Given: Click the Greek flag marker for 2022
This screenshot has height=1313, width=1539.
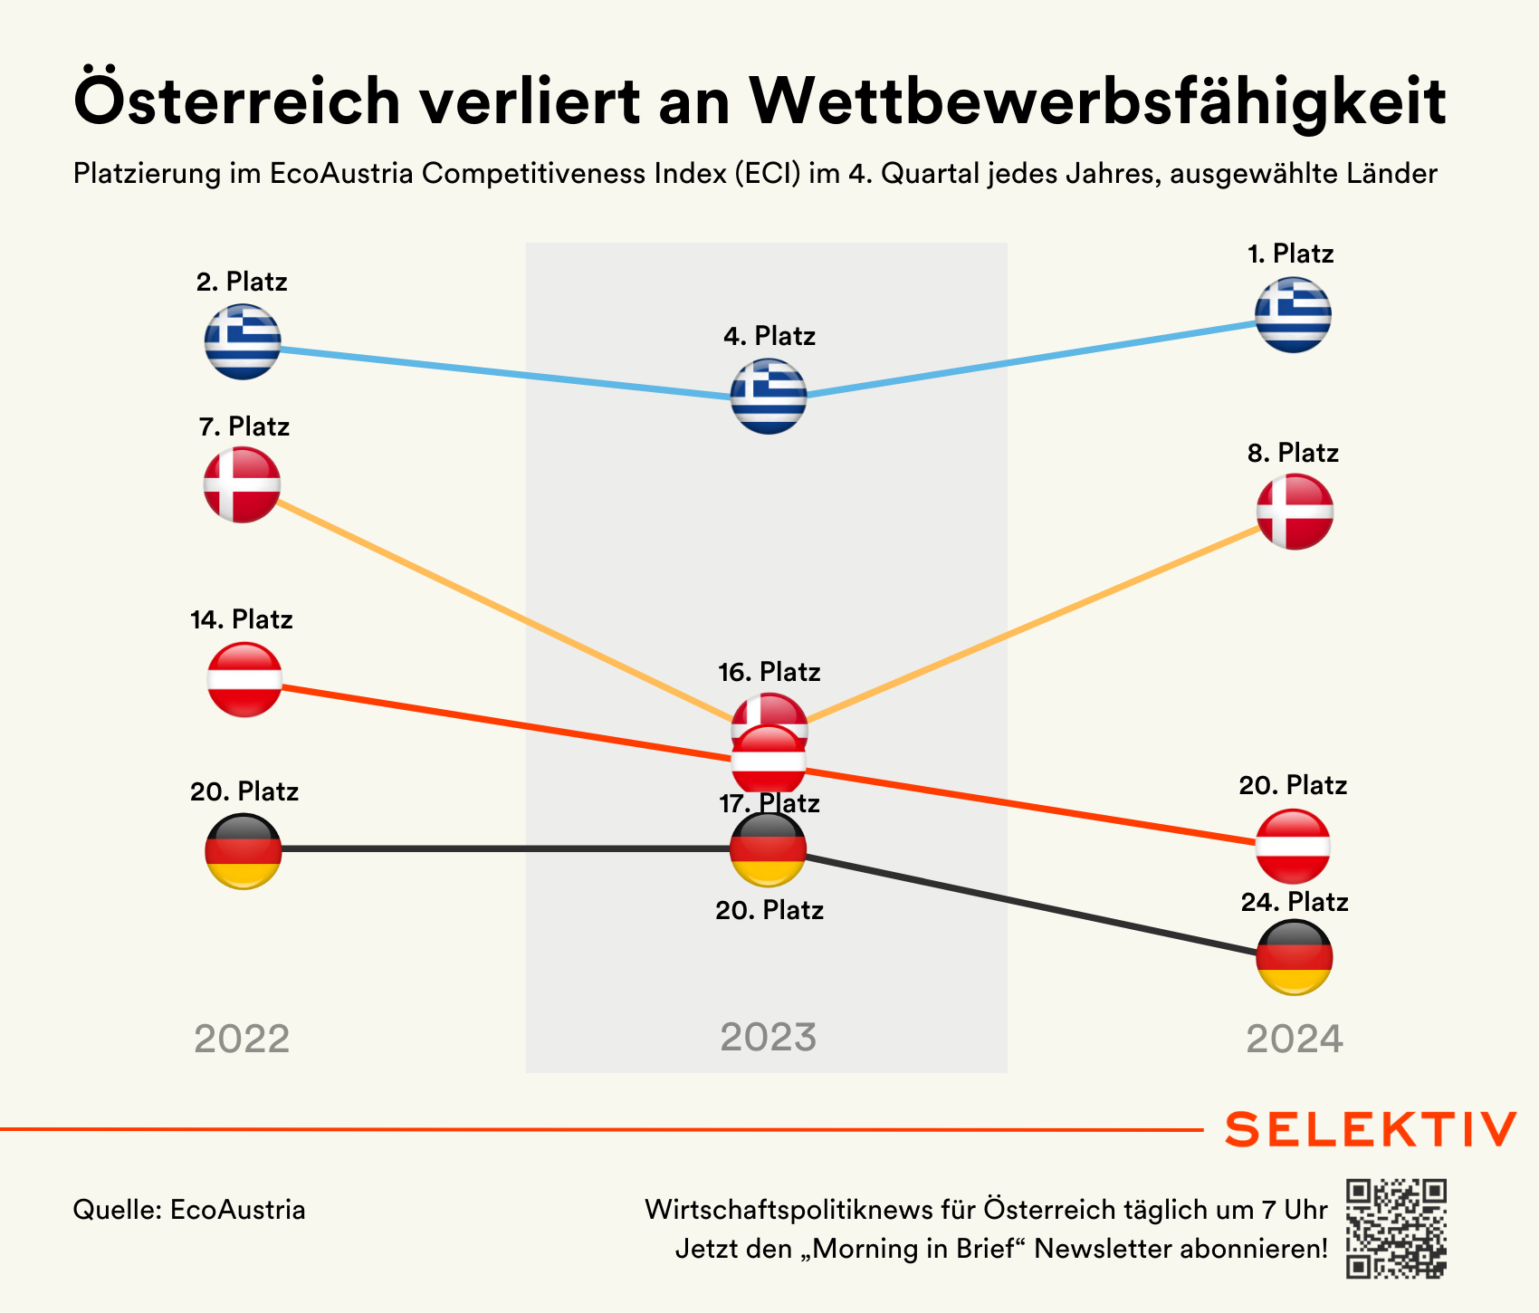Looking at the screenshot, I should (x=243, y=341).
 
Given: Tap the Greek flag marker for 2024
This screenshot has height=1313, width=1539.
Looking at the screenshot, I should (x=1293, y=314).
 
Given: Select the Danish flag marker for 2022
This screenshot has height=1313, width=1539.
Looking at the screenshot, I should (x=243, y=484).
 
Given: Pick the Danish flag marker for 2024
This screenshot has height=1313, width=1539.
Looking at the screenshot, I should (x=1295, y=512).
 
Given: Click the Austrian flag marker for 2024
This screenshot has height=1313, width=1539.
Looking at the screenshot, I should (x=1294, y=846).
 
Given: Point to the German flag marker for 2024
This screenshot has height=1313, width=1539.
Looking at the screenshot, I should (x=1295, y=957).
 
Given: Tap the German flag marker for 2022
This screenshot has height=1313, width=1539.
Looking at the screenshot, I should (x=244, y=851).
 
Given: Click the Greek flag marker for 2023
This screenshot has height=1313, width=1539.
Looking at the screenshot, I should (x=769, y=396).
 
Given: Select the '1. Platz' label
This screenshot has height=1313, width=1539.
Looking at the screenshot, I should (x=1290, y=254).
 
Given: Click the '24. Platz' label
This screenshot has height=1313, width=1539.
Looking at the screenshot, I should (x=1295, y=902).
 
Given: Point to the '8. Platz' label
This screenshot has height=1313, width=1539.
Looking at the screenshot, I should (x=1293, y=453).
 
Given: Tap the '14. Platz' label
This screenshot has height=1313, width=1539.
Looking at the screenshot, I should (x=242, y=619).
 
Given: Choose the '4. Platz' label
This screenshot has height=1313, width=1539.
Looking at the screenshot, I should (x=769, y=337).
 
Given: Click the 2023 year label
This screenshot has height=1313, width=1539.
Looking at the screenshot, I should (x=768, y=1038).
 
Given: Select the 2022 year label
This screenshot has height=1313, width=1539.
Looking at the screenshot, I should (x=242, y=1040).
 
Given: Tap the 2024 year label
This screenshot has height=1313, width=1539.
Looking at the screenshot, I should (x=1295, y=1040).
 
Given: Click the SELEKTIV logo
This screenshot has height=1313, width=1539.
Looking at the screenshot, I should (x=1371, y=1129).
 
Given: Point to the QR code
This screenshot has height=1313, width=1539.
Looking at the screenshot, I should (x=1396, y=1228).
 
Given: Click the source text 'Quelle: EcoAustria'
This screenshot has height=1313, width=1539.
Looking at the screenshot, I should (x=189, y=1210).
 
